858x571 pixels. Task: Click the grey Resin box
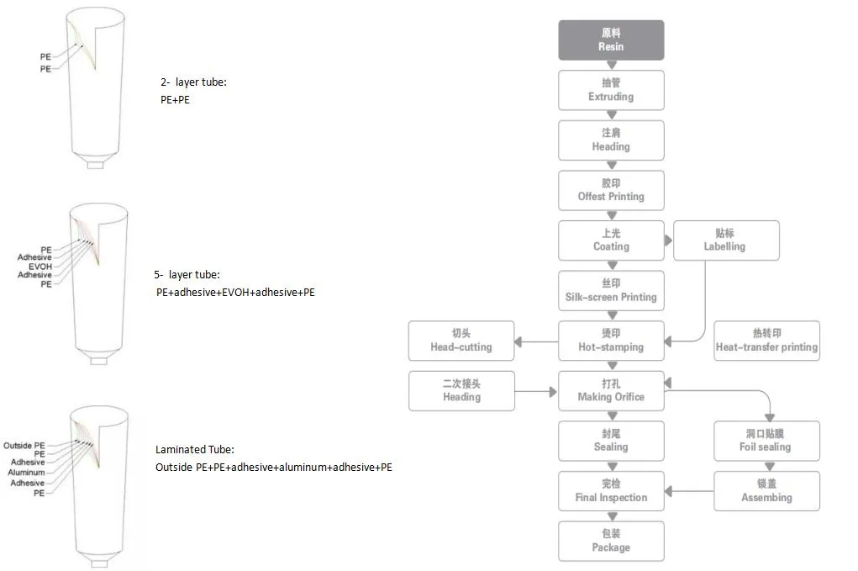click(611, 40)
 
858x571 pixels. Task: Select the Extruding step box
click(611, 90)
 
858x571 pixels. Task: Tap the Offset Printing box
click(611, 190)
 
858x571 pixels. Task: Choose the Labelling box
click(724, 241)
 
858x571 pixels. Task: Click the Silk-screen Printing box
click(611, 290)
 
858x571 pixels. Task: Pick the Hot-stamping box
click(611, 341)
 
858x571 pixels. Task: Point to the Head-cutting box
click(461, 341)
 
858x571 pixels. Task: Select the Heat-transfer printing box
click(766, 341)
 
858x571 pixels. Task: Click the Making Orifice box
click(611, 391)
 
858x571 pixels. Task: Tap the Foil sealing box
click(766, 441)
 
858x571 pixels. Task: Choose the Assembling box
click(766, 491)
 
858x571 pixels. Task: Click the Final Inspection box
click(611, 491)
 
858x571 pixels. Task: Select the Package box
click(611, 541)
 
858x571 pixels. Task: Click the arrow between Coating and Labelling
click(669, 241)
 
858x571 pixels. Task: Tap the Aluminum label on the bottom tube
click(26, 473)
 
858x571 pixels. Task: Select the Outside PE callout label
click(24, 445)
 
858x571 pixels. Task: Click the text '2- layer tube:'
click(193, 82)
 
